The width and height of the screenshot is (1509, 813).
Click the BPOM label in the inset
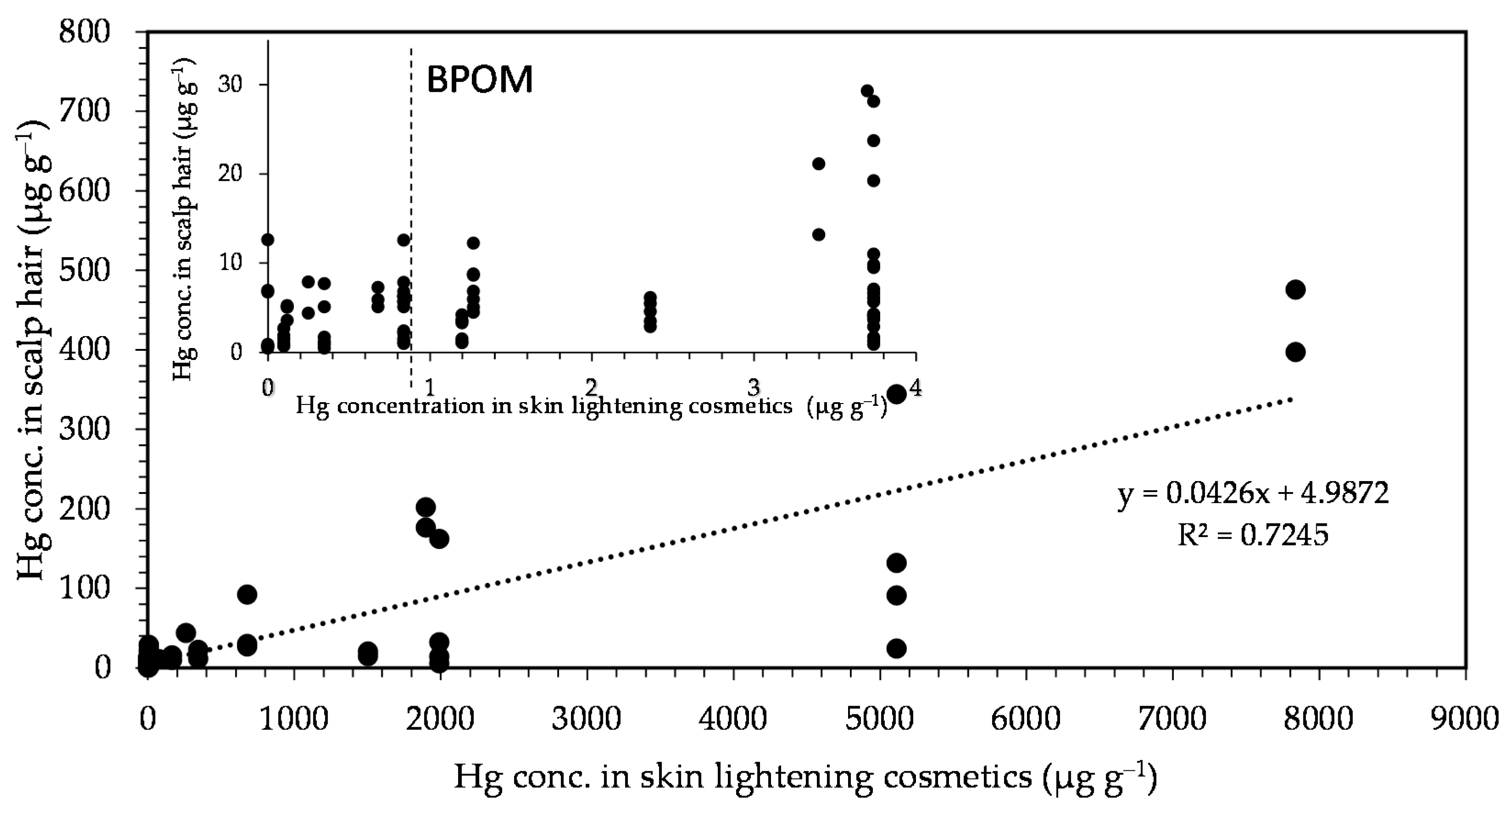pos(479,80)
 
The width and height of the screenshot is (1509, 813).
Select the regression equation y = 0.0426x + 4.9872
pos(1254,493)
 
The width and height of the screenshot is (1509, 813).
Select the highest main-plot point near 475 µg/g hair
pos(1295,289)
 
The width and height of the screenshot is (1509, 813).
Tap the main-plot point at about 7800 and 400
pos(1295,352)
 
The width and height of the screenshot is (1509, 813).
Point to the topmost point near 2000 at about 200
pos(426,507)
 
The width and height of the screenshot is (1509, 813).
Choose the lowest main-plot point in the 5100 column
pos(896,648)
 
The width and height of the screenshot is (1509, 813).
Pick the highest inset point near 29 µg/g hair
pos(867,91)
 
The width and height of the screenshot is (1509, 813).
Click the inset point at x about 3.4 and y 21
pos(819,163)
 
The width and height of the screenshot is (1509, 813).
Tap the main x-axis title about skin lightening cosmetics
pos(805,778)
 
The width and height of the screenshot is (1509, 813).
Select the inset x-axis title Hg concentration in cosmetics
pos(592,406)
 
